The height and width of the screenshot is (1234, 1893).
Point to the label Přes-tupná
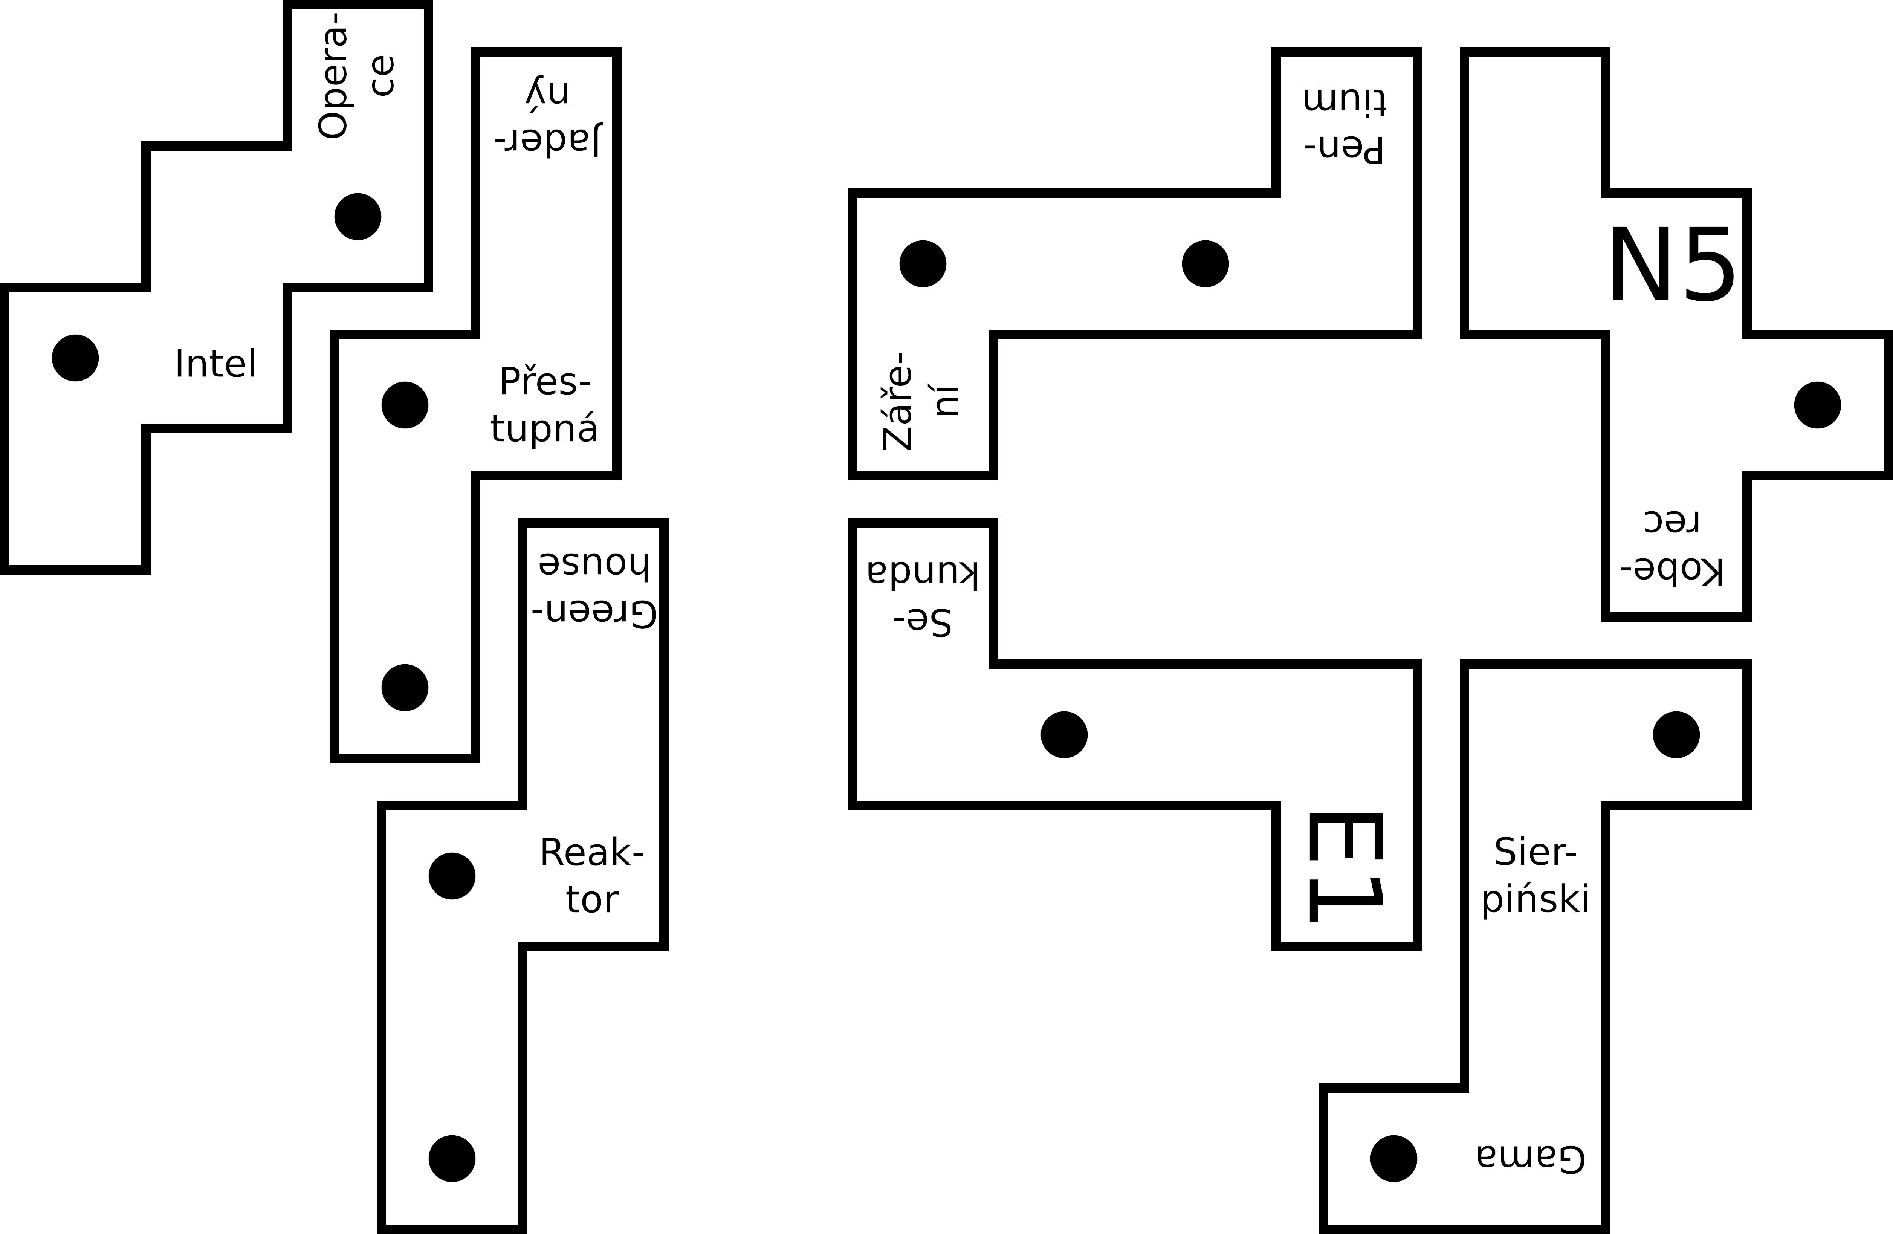(x=544, y=405)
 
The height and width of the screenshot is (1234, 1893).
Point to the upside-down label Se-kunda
(x=923, y=597)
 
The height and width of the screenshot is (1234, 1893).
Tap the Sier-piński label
(x=1535, y=876)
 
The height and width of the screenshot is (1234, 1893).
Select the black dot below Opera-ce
(x=358, y=216)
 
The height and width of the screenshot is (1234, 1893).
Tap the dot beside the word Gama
(x=1393, y=1158)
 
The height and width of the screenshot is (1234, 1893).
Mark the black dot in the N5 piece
(x=1817, y=405)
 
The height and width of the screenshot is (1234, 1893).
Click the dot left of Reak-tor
(x=452, y=876)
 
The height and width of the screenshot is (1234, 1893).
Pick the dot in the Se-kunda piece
(x=1064, y=734)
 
